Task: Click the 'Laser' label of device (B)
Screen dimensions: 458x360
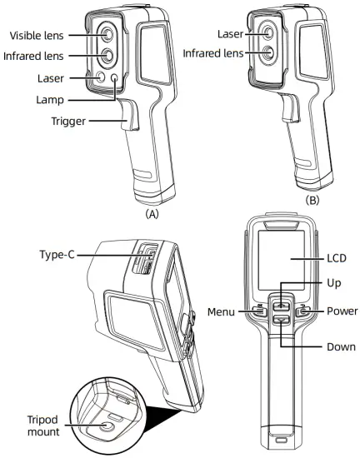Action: (228, 35)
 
